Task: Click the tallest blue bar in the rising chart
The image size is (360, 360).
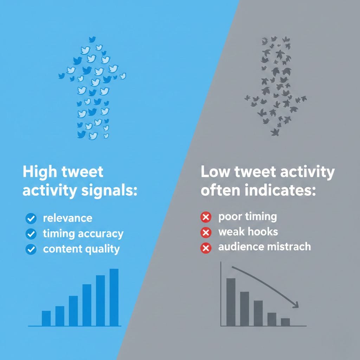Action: pos(114,297)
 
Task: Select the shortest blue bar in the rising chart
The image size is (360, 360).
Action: pos(46,318)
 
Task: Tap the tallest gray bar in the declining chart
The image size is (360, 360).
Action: pos(231,302)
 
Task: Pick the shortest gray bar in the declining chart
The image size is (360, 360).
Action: pos(285,322)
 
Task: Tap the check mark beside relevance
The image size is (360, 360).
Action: pos(31,219)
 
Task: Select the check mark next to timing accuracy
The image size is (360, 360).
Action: pos(31,234)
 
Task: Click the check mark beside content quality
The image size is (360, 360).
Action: pos(31,249)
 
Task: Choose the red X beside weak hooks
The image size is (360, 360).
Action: pos(205,232)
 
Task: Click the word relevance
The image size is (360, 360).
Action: pos(67,218)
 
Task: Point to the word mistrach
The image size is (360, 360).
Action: pos(288,247)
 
